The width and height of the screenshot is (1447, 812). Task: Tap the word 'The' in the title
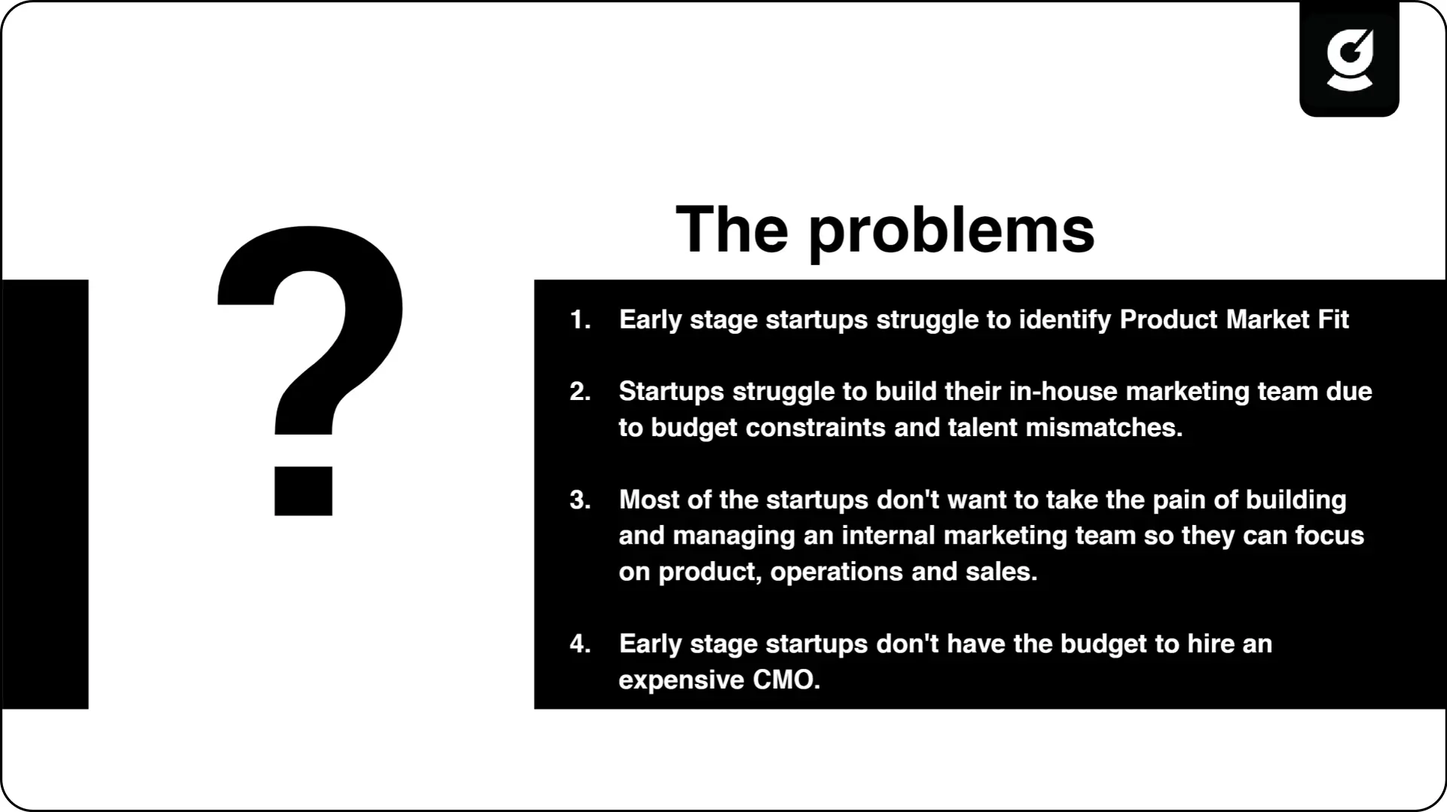tap(732, 229)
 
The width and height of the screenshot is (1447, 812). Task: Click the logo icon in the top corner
tap(1349, 60)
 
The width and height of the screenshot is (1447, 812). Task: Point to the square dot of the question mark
tap(303, 491)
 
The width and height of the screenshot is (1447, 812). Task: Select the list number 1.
tap(580, 319)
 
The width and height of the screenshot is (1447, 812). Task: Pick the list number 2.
tap(580, 392)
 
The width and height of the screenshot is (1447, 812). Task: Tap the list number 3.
tap(580, 500)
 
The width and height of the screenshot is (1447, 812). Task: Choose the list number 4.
tap(580, 644)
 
